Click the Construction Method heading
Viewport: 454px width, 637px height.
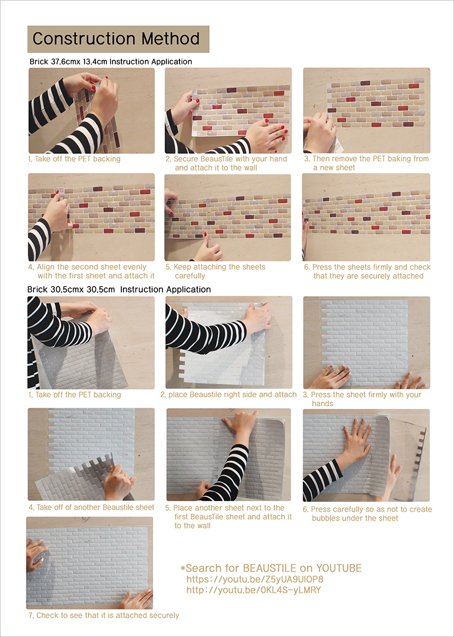click(x=116, y=39)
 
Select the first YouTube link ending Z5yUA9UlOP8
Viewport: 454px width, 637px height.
click(x=255, y=579)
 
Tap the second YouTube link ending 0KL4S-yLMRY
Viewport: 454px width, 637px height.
click(x=254, y=590)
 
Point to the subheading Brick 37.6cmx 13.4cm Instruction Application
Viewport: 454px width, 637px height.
click(x=111, y=62)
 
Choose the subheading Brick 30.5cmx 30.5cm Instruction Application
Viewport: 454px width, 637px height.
click(x=119, y=289)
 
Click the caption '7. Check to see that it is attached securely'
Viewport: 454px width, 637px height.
click(x=104, y=616)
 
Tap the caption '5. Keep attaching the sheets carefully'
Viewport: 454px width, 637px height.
click(x=216, y=271)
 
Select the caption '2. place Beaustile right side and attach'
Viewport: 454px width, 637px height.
click(x=228, y=394)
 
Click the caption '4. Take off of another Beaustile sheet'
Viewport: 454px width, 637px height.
click(x=91, y=507)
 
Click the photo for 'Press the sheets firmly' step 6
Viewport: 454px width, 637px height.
click(x=366, y=217)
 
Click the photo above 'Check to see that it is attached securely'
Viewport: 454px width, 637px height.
click(x=89, y=563)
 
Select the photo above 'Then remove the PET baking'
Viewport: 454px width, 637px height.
click(x=367, y=110)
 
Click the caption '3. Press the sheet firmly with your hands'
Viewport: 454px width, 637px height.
click(x=362, y=399)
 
